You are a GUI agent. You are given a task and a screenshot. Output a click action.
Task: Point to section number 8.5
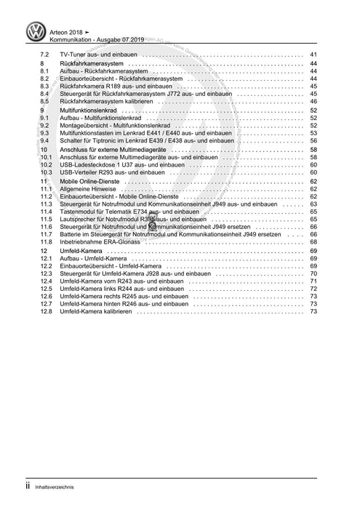coord(44,102)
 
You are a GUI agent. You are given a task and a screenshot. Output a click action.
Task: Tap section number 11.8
coord(45,241)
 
